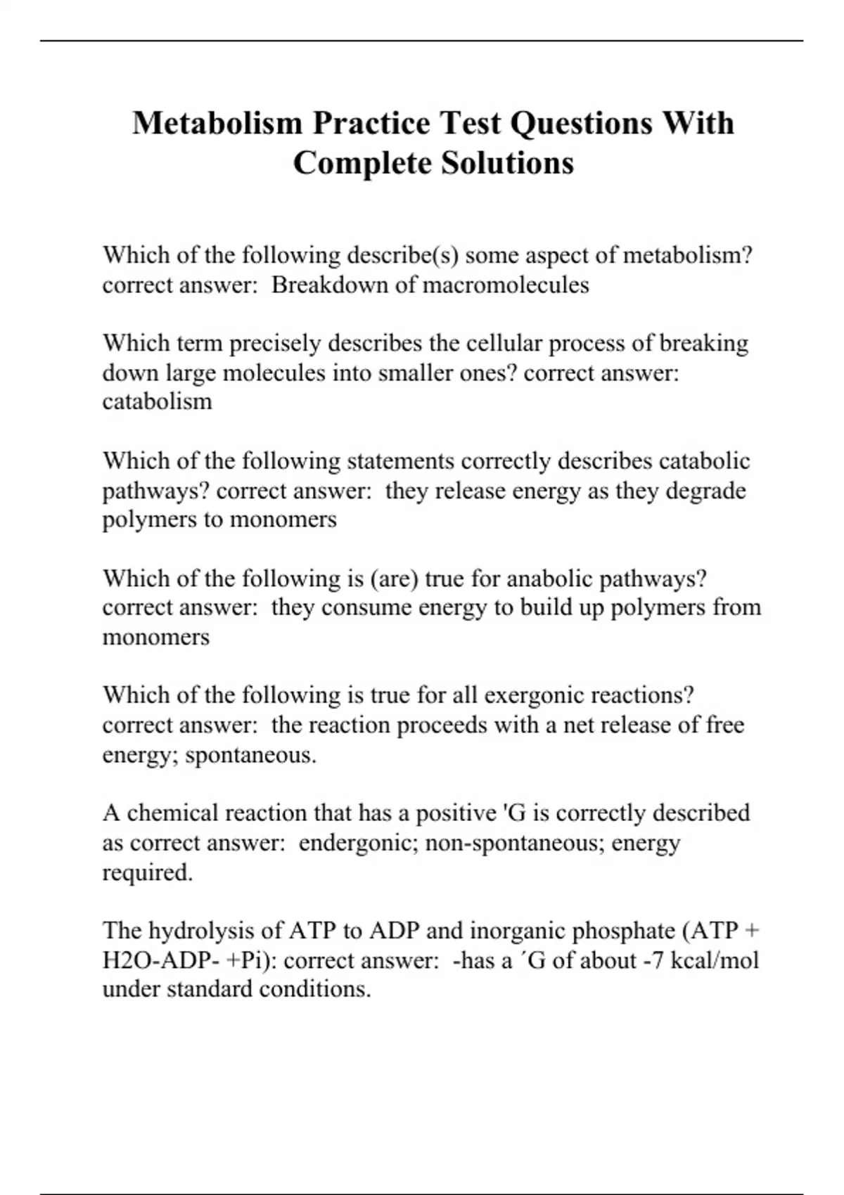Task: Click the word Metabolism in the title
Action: point(217,124)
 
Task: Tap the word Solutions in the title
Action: point(507,164)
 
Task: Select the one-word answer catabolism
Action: point(157,401)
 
